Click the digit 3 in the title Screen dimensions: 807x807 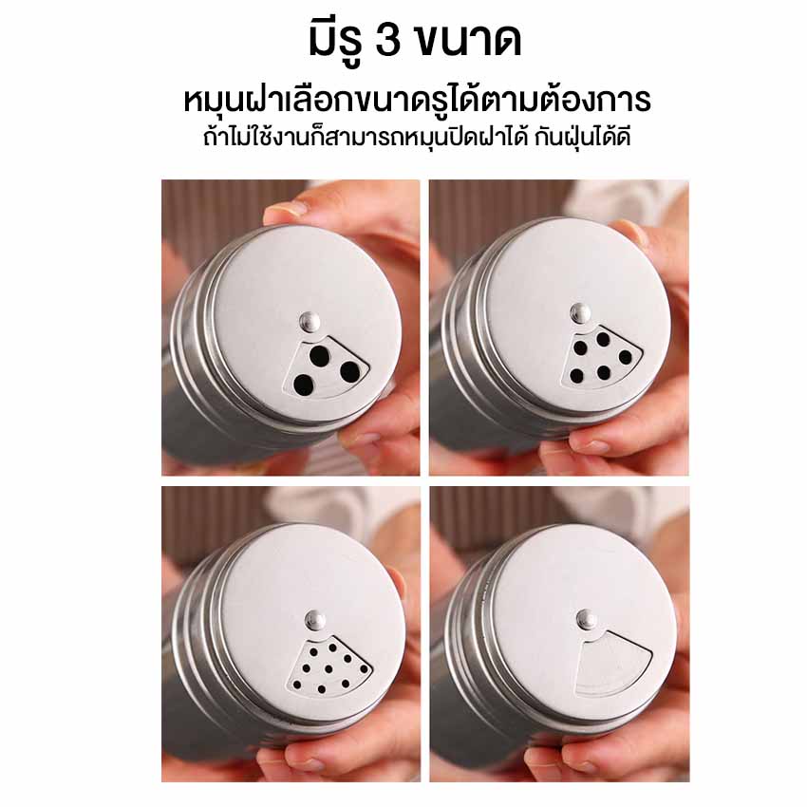pyautogui.click(x=388, y=40)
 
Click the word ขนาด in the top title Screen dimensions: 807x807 pyautogui.click(x=467, y=40)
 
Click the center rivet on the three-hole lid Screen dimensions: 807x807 pyautogui.click(x=309, y=322)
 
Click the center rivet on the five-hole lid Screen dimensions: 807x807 pyautogui.click(x=580, y=313)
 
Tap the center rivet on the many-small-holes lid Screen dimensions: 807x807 pyautogui.click(x=314, y=619)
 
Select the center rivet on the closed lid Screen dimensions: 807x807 pyautogui.click(x=586, y=618)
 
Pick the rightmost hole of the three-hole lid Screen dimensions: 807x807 pyautogui.click(x=350, y=371)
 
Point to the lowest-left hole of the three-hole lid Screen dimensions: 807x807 pyautogui.click(x=303, y=385)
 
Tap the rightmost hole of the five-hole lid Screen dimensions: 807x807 pyautogui.click(x=626, y=357)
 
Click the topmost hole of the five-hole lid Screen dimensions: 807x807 pyautogui.click(x=603, y=338)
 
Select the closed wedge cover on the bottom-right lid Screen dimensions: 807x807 pyautogui.click(x=612, y=663)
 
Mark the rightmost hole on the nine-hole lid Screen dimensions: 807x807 pyautogui.click(x=364, y=668)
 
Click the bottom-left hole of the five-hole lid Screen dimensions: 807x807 pyautogui.click(x=576, y=376)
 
